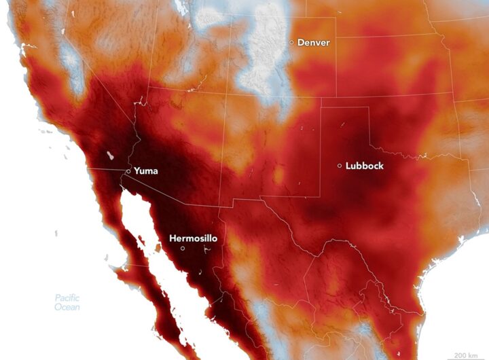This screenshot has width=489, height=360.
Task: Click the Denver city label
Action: tap(313, 43)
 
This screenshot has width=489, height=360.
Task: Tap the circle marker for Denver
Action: tap(292, 42)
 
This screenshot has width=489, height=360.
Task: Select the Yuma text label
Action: tap(146, 171)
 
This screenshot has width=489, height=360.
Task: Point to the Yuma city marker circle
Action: tap(128, 171)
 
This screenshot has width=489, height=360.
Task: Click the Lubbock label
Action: tap(364, 166)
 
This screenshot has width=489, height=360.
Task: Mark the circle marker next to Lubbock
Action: tap(340, 166)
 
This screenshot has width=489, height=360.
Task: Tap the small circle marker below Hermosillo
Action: tap(183, 249)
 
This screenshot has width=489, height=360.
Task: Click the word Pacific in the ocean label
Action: tap(68, 298)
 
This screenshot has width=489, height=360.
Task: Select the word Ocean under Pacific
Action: tap(67, 308)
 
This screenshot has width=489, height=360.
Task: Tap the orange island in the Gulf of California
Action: tap(159, 249)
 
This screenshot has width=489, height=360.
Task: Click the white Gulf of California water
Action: tap(143, 224)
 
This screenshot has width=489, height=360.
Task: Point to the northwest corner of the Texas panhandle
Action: tap(321, 107)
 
